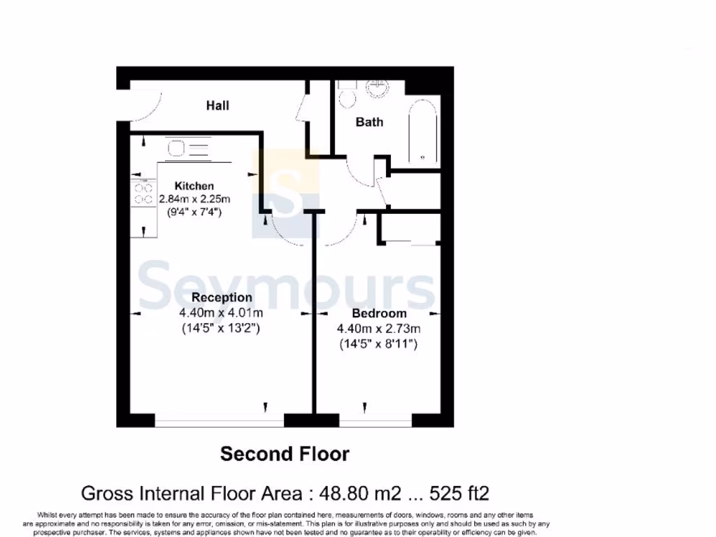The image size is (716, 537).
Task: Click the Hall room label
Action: coord(217,106)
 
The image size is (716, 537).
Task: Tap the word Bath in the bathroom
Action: coord(369,122)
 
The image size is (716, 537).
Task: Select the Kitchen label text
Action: coord(194,186)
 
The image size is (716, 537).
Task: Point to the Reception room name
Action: coord(222,298)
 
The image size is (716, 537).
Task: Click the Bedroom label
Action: coord(379,313)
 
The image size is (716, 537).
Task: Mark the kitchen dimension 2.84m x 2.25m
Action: coord(194,199)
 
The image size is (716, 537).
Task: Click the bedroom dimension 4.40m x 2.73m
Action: coord(379,329)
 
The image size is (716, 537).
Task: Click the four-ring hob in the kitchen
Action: coord(143,194)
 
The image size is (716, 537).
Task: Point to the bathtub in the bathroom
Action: coord(423,134)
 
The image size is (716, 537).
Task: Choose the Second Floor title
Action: coord(285,454)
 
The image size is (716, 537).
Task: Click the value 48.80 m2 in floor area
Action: coord(361,493)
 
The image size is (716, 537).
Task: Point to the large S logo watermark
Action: coord(286,183)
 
